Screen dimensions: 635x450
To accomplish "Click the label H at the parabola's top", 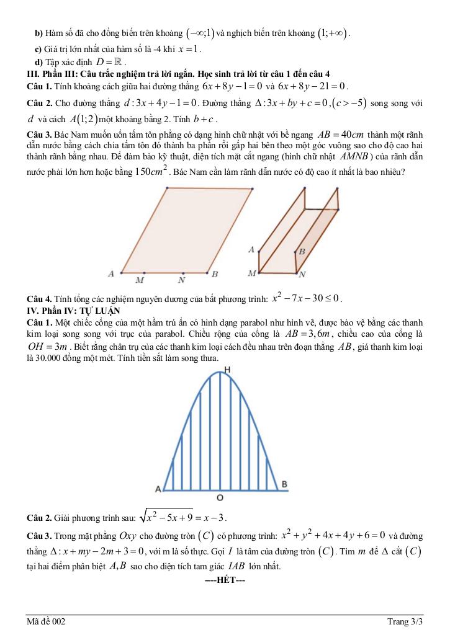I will (x=228, y=370).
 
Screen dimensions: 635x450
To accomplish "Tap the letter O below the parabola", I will (x=220, y=498).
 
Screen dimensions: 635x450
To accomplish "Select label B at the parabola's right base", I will (x=284, y=484).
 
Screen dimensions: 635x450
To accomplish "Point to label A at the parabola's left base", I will (x=158, y=489).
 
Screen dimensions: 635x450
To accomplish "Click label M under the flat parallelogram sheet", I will (x=140, y=280).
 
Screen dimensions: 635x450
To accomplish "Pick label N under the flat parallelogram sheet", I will (x=182, y=280).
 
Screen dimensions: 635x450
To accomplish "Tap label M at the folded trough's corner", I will (x=251, y=273).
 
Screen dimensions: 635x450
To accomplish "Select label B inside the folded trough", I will (x=302, y=252).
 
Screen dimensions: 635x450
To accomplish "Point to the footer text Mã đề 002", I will (x=45, y=621).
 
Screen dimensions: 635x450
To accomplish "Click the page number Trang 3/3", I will (x=405, y=621).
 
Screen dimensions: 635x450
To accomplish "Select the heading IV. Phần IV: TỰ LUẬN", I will (x=73, y=310).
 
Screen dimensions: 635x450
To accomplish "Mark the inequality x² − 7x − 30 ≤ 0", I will (x=307, y=298).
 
